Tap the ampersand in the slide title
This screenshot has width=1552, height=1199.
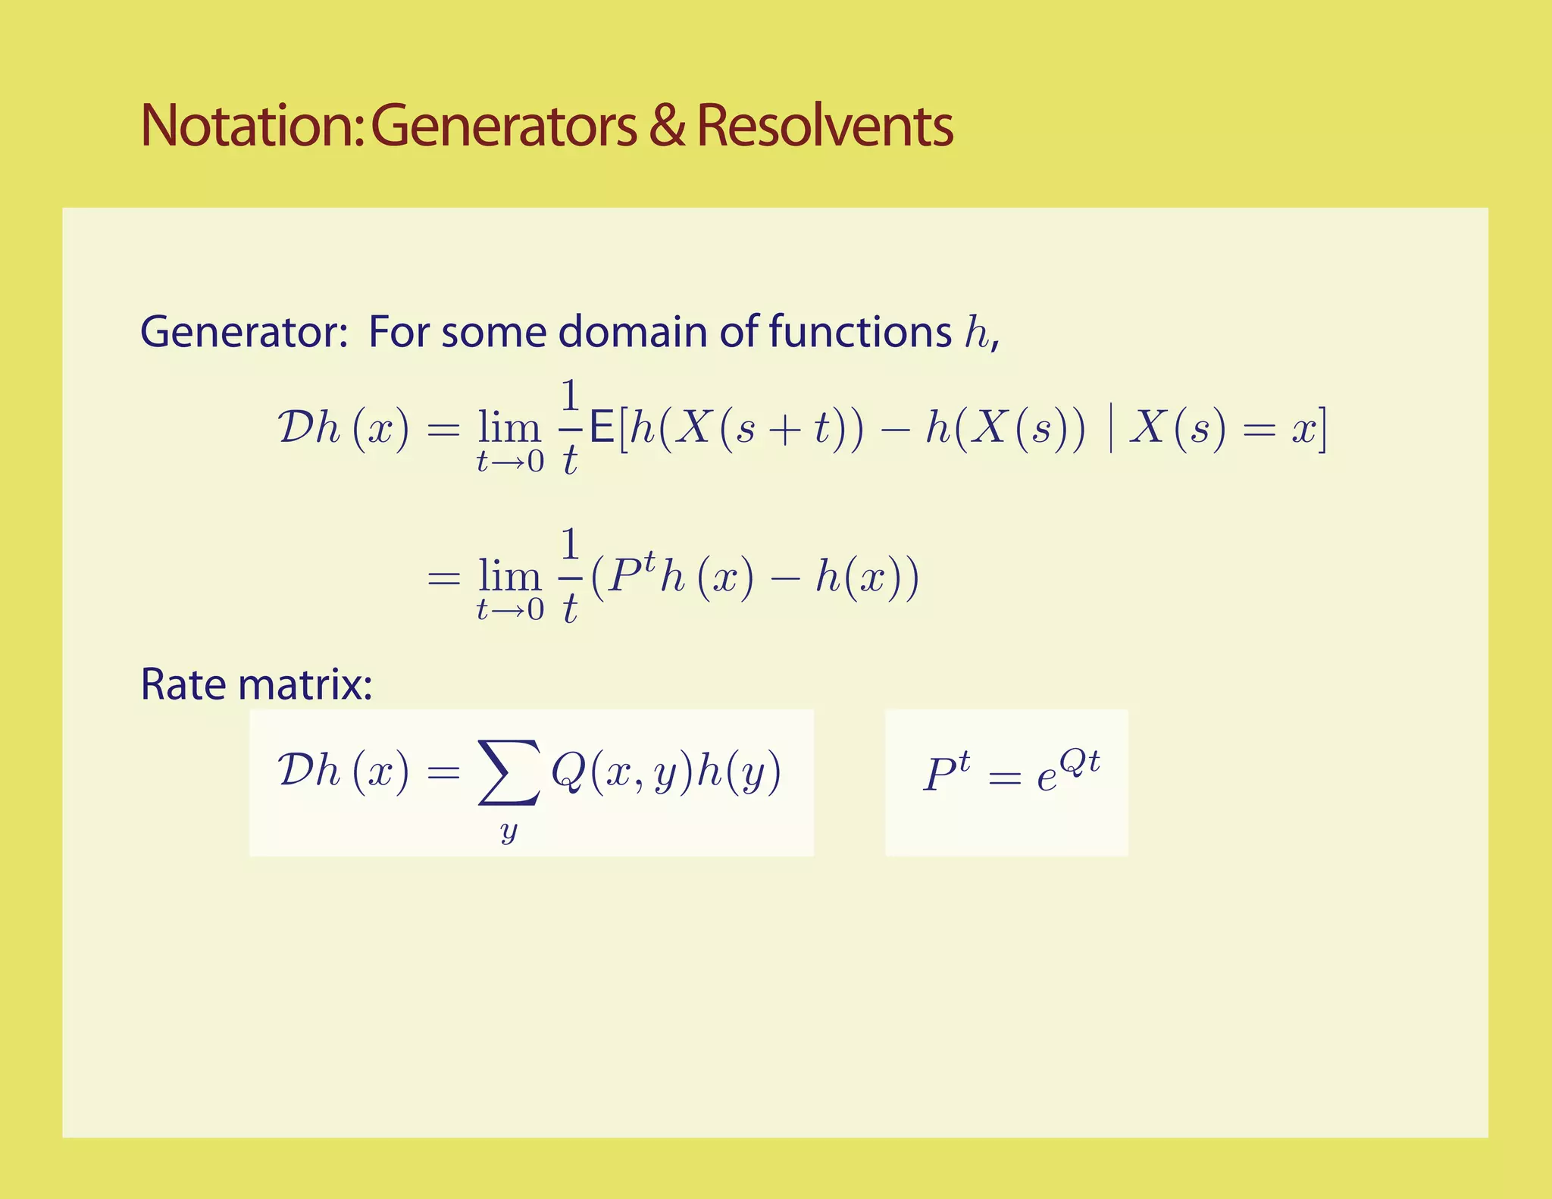666,126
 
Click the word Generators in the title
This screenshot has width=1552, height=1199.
504,126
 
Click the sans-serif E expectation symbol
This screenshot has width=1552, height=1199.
602,429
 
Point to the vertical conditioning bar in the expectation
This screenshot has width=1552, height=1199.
1110,430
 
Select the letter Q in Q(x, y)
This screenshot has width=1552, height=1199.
567,773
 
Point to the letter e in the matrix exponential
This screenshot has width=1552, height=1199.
1047,778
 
